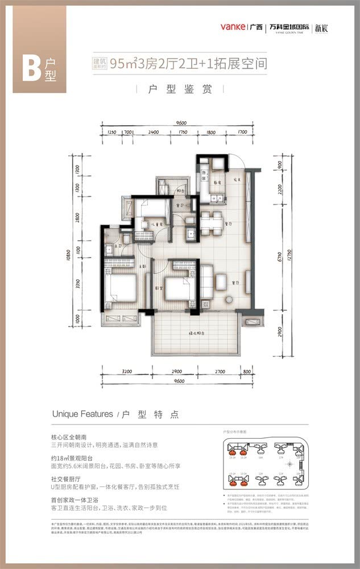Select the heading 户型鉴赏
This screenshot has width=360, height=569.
tap(180, 90)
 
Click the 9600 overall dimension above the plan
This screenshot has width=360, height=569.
tap(181, 123)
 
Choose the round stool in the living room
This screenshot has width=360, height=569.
tap(229, 300)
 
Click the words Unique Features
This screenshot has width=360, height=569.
tap(82, 414)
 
